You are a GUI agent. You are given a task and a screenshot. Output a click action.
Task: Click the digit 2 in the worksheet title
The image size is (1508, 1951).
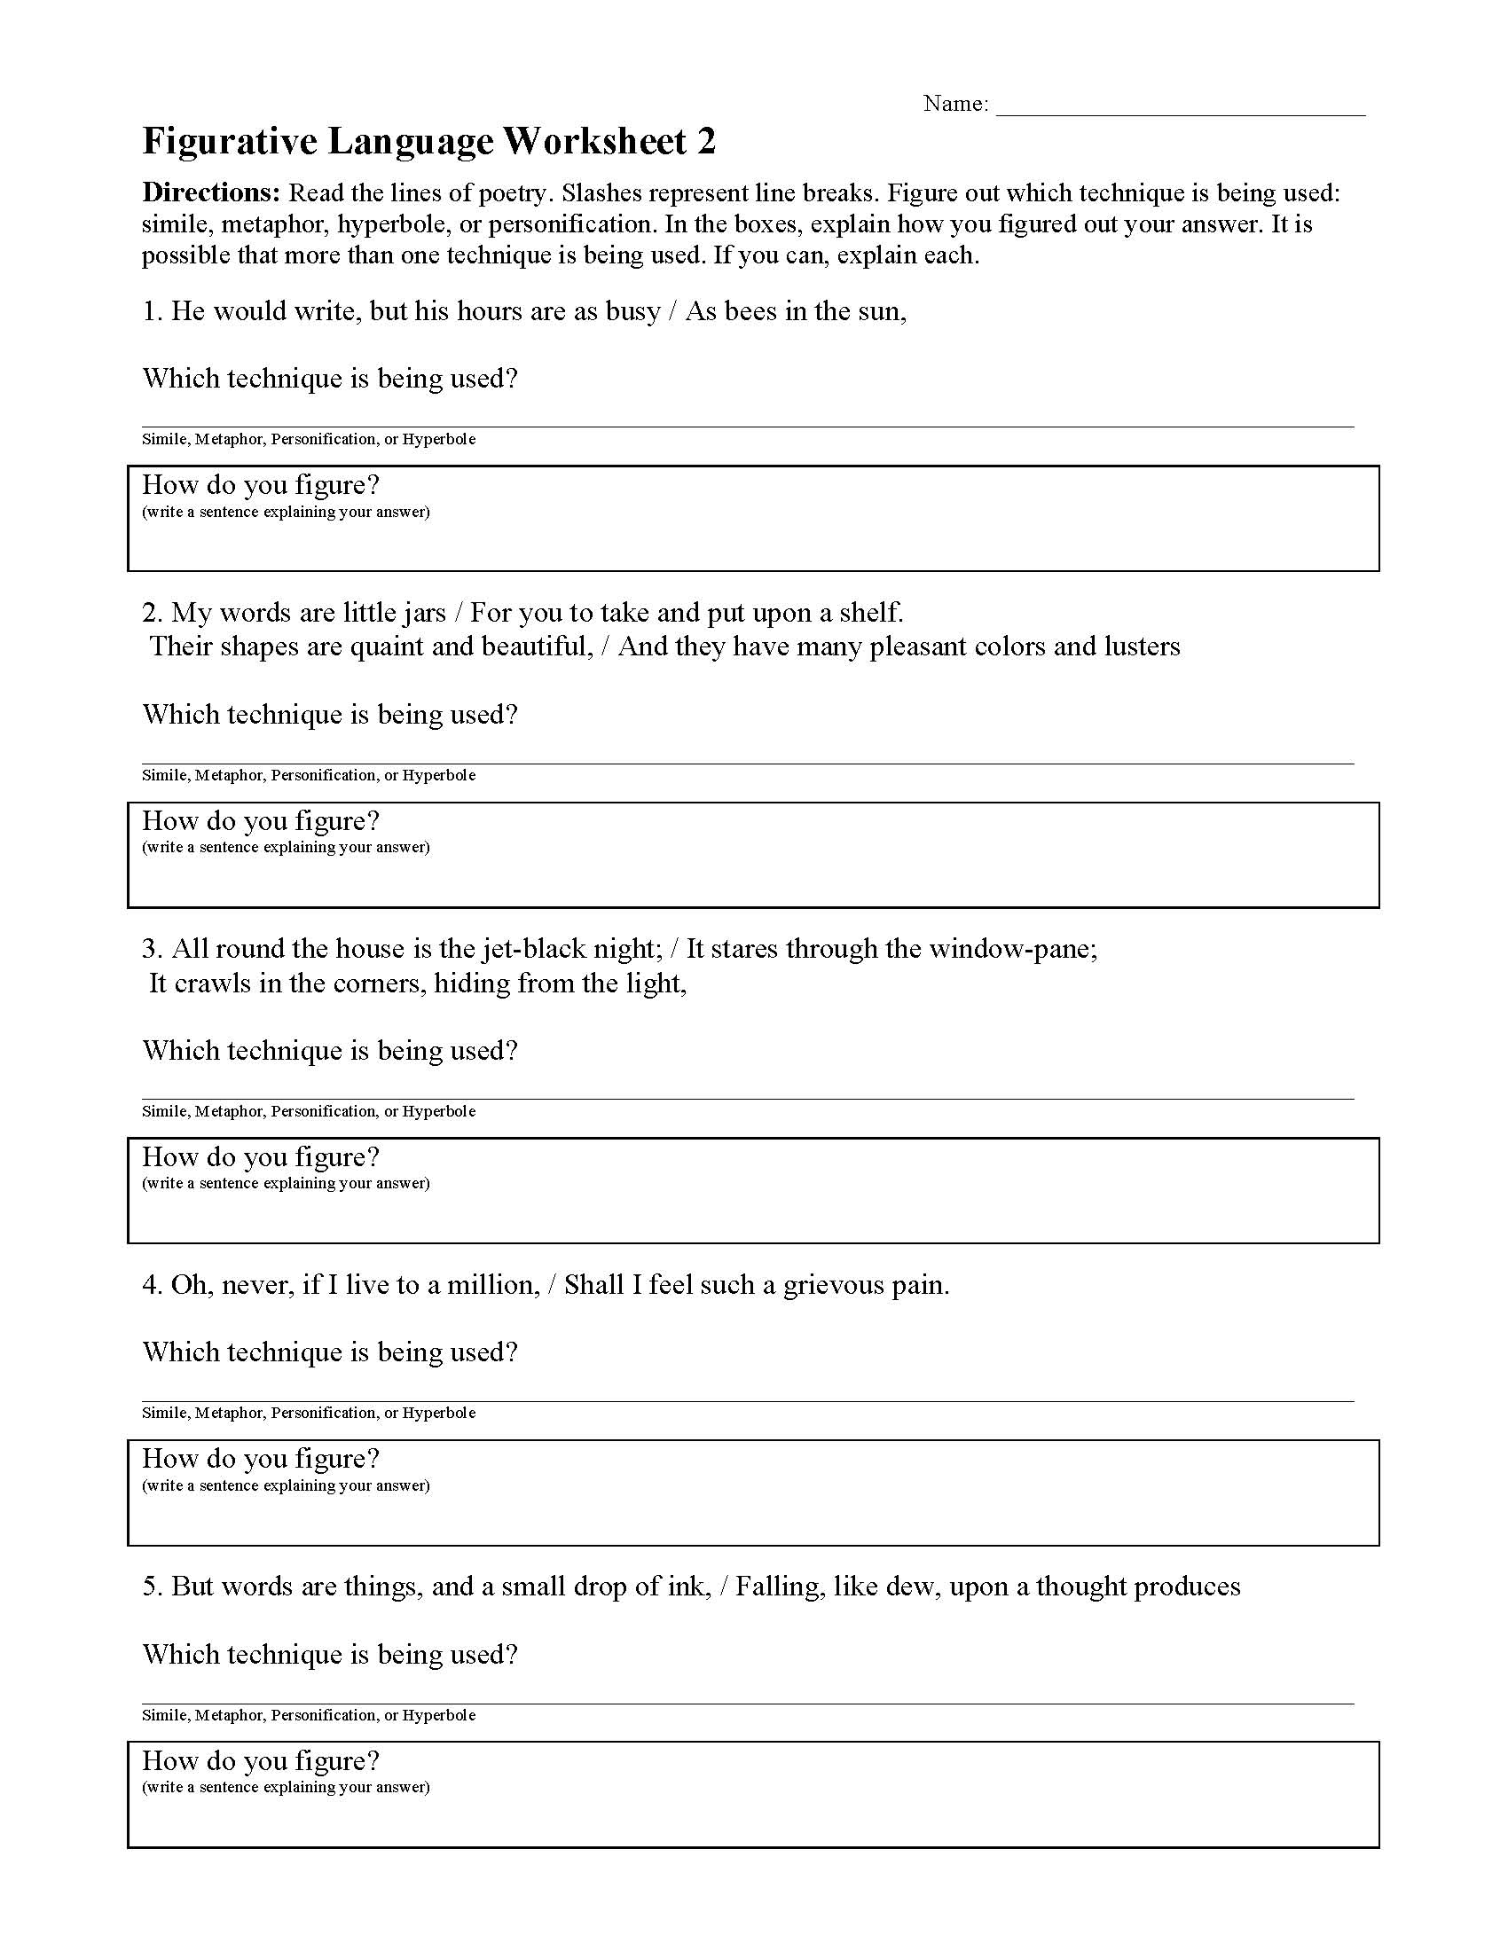pos(705,142)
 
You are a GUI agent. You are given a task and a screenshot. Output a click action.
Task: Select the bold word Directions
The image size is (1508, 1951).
pos(212,193)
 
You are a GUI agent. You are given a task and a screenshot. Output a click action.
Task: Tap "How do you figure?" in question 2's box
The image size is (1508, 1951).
pos(261,821)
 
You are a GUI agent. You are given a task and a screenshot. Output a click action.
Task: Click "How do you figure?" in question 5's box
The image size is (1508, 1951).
pos(261,1760)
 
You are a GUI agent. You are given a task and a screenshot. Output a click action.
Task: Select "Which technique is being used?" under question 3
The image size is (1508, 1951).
pos(330,1051)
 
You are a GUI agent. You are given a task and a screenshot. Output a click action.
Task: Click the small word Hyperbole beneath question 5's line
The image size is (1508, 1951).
pos(438,1715)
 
